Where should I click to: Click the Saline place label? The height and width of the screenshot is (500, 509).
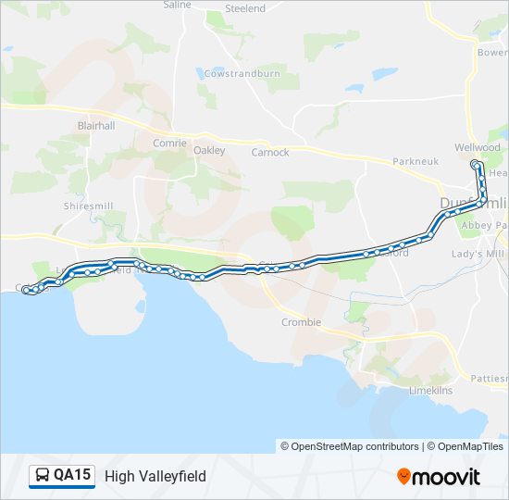click(177, 5)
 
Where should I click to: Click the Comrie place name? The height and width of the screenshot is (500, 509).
click(169, 144)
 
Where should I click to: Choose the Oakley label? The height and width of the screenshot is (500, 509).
click(209, 151)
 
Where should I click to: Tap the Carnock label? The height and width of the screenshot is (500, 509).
click(270, 152)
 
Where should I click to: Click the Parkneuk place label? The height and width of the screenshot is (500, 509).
click(415, 161)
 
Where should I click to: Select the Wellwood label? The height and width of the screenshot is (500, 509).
click(478, 147)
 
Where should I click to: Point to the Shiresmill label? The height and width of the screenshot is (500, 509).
click(89, 206)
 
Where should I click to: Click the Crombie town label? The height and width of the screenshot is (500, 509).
click(301, 322)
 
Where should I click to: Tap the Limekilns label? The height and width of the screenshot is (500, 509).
click(430, 391)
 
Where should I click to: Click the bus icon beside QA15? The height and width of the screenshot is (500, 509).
click(43, 476)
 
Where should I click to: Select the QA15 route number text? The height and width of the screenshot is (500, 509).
click(72, 476)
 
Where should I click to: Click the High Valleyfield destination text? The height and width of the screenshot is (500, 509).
click(155, 477)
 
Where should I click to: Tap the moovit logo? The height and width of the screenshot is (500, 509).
click(439, 477)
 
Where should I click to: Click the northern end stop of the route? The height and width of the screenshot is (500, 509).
click(476, 165)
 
